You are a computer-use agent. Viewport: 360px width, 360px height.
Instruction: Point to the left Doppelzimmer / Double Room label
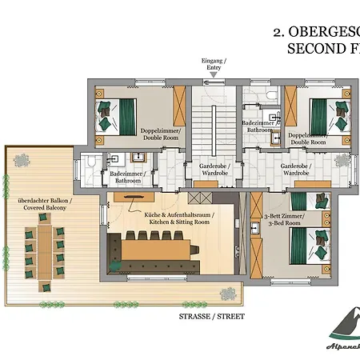click(x=162, y=133)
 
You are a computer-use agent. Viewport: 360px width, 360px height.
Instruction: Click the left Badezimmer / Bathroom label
click(x=126, y=177)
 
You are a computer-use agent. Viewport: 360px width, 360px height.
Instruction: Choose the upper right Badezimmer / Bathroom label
click(x=259, y=125)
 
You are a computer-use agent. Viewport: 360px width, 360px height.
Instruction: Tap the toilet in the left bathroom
click(x=94, y=163)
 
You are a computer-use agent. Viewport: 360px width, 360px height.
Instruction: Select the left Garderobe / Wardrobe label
click(x=206, y=169)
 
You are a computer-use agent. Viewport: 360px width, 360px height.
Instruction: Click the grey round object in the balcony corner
click(x=22, y=159)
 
